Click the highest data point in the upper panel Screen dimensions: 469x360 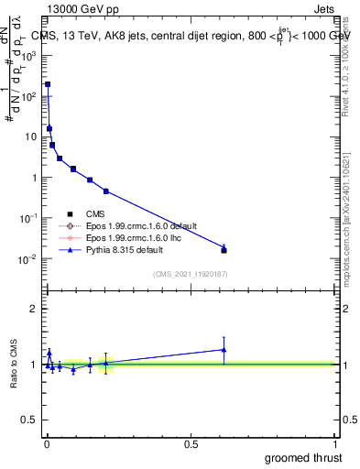tap(48, 84)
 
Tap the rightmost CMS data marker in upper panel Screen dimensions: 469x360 tap(224, 250)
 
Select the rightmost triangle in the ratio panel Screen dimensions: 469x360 tap(224, 349)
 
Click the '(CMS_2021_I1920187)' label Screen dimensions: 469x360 tap(191, 273)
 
